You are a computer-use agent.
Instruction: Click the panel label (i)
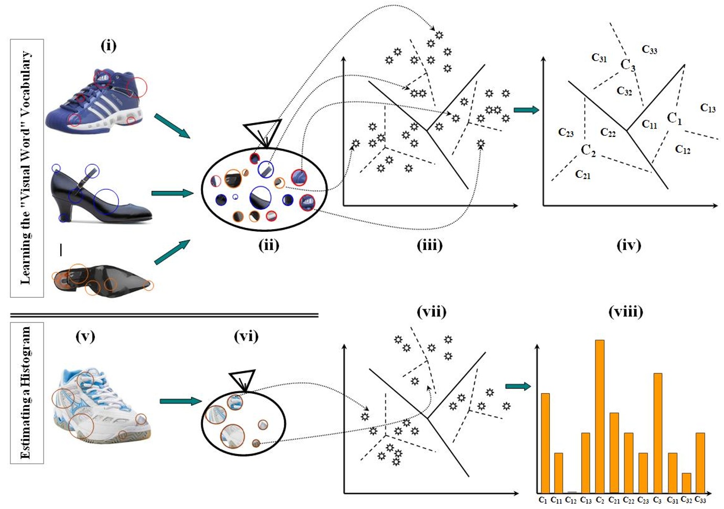[x=109, y=46]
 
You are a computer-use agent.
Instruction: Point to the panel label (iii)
[x=430, y=245]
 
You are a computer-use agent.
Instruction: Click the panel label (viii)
[x=625, y=312]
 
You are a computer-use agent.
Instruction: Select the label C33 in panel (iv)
[x=650, y=50]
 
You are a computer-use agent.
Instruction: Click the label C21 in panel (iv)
[x=582, y=175]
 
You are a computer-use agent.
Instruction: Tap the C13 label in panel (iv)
[x=708, y=108]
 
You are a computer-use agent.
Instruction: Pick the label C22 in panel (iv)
[x=608, y=133]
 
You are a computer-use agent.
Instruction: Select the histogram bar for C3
[x=657, y=432]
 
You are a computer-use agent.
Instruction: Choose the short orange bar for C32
[x=686, y=482]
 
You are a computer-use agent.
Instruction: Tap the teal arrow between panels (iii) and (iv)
[x=526, y=110]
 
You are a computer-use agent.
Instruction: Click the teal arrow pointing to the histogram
[x=518, y=387]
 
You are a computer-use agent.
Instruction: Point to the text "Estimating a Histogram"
[x=26, y=393]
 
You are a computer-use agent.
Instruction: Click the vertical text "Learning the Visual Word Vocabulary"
[x=26, y=168]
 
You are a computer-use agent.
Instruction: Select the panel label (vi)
[x=246, y=336]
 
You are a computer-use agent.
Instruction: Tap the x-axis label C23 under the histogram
[x=643, y=501]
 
